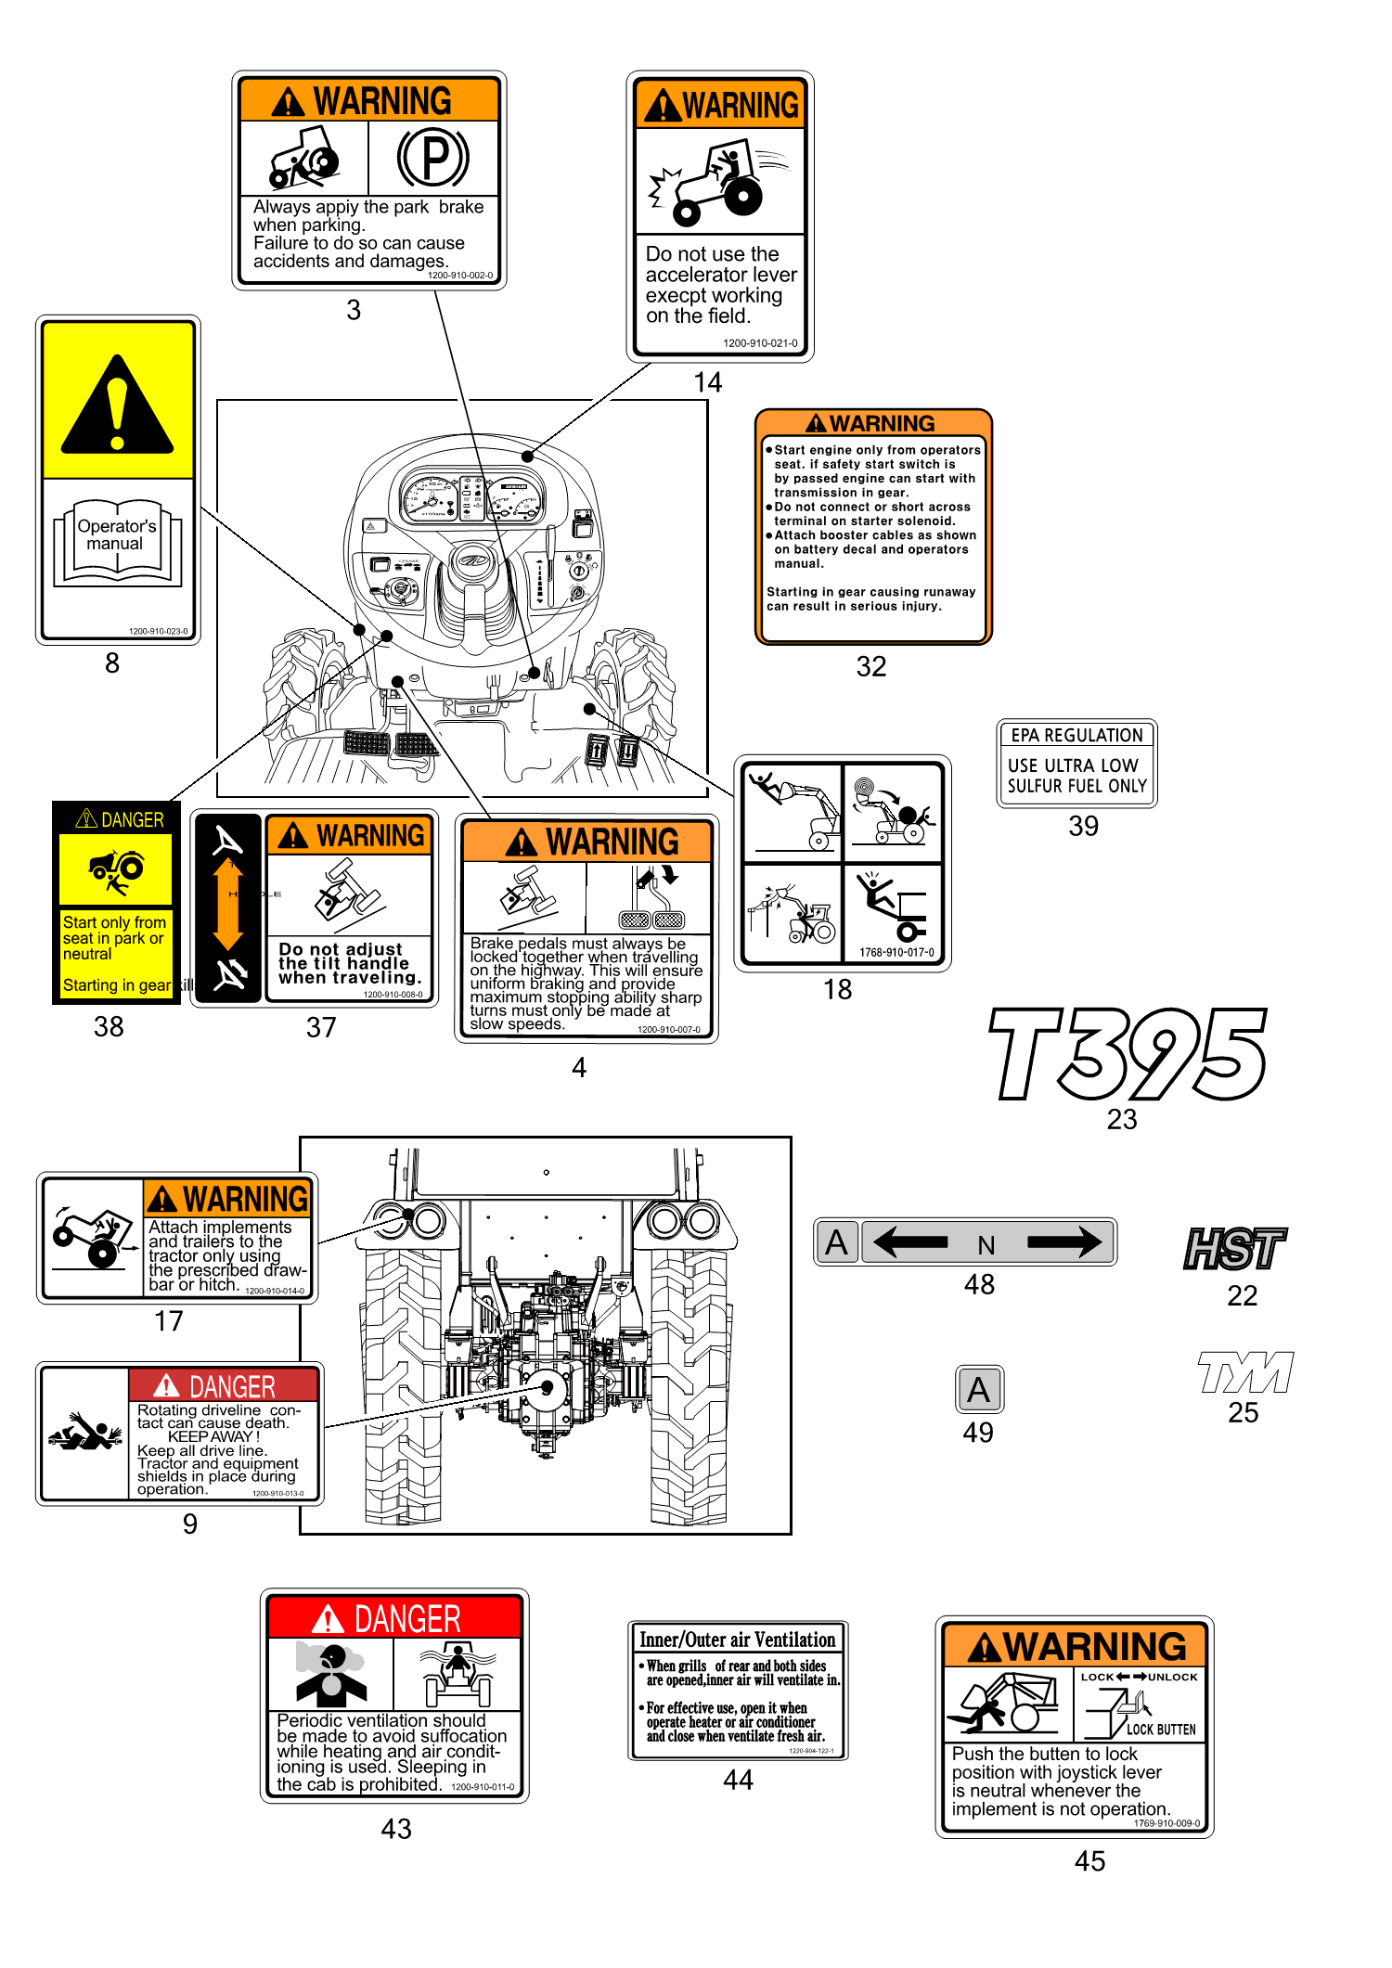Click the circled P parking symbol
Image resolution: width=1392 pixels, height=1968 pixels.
(x=433, y=158)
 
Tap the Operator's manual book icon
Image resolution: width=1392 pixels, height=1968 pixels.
(x=117, y=543)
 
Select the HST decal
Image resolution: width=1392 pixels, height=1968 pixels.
(x=1235, y=1248)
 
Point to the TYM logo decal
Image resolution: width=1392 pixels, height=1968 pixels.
(x=1244, y=1372)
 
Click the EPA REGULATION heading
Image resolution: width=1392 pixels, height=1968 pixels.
(x=1076, y=736)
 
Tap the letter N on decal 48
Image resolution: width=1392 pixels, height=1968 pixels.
(x=986, y=1245)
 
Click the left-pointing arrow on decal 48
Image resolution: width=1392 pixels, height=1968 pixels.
(x=910, y=1241)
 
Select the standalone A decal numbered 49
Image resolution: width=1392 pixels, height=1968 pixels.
(x=979, y=1390)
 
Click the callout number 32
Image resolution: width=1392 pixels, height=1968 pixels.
(x=870, y=666)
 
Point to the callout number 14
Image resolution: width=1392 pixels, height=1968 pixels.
(x=707, y=382)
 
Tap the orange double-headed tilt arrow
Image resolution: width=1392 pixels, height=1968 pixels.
(x=228, y=904)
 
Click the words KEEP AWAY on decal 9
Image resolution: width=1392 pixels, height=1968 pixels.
(x=213, y=1436)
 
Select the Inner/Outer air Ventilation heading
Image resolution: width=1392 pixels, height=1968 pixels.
(x=738, y=1640)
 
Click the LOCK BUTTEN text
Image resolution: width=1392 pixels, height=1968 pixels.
(x=1161, y=1730)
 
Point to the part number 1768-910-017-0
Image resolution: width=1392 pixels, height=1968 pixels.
(x=896, y=952)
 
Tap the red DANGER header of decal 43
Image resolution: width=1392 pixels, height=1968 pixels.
(x=394, y=1619)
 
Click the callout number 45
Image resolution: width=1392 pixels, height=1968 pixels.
(x=1089, y=1861)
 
